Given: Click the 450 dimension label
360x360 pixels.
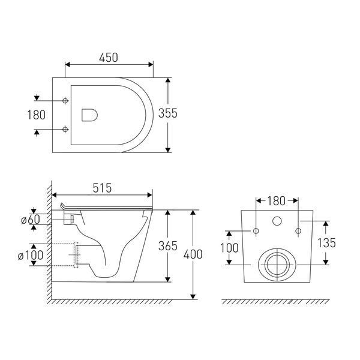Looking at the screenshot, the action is (x=109, y=58).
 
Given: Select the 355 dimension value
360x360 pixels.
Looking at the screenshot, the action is (x=168, y=113).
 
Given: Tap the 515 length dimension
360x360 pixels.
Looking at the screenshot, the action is (x=102, y=188).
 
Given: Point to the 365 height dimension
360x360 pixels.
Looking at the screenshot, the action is (x=168, y=246).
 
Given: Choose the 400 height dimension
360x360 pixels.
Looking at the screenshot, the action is (x=193, y=254).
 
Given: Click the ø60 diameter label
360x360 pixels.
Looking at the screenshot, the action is (x=31, y=220).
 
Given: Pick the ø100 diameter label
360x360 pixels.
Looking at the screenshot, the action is (x=31, y=255).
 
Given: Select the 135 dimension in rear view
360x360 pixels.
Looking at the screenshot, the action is (x=326, y=243).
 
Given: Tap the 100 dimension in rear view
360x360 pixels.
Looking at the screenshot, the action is (x=229, y=248).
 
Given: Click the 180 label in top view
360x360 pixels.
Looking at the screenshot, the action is (x=36, y=115).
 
